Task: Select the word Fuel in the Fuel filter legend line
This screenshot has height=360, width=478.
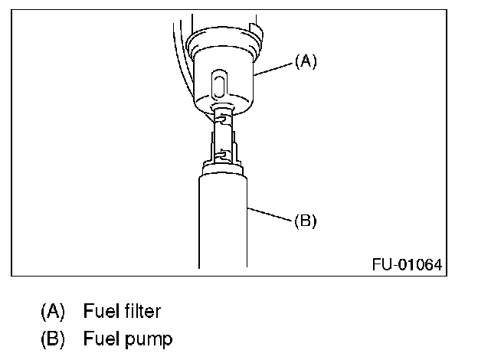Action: click(100, 312)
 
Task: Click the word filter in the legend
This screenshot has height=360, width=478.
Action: click(139, 312)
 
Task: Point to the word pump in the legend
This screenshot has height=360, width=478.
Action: click(149, 338)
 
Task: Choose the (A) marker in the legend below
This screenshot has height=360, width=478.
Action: click(53, 312)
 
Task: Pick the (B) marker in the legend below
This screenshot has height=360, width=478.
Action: click(53, 338)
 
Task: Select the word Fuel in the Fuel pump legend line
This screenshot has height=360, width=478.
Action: click(100, 338)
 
